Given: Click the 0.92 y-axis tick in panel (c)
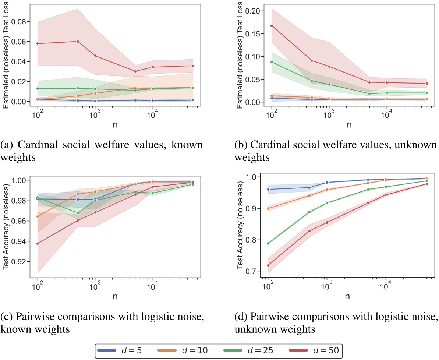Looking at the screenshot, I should pyautogui.click(x=21, y=262).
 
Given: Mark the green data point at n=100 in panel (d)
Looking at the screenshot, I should pyautogui.click(x=268, y=243).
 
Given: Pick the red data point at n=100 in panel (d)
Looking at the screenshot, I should pyautogui.click(x=268, y=265).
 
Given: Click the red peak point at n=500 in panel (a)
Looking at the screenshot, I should pyautogui.click(x=78, y=41).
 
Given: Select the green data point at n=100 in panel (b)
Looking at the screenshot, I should pyautogui.click(x=272, y=62).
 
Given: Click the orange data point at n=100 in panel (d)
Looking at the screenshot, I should pyautogui.click(x=268, y=208).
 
